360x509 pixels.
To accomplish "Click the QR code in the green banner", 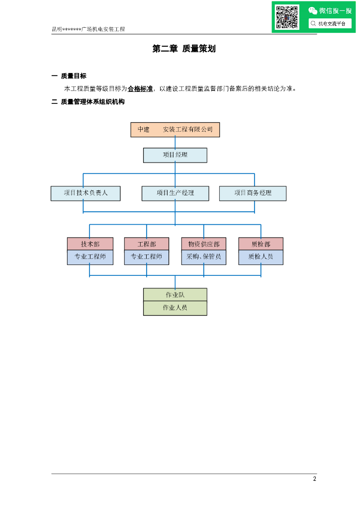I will point(287,17).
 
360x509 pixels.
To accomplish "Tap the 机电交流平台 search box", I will point(330,23).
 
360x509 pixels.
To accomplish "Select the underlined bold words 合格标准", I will point(140,89).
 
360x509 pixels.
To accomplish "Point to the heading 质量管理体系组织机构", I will point(92,102).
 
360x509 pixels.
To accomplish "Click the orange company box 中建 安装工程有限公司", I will point(175,129).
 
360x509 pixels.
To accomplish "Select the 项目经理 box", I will point(175,155).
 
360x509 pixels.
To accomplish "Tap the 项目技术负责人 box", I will point(86,193).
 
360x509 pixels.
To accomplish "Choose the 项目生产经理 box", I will point(175,193).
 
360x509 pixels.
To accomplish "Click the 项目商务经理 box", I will point(253,193).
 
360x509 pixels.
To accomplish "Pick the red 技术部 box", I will point(90,244).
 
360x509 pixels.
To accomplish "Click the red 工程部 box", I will point(147,244).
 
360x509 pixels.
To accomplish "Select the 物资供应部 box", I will point(204,244).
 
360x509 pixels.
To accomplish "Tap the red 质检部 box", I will point(261,244).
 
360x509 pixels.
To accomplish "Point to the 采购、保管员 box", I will point(204,257).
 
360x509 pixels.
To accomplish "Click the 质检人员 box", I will point(261,257).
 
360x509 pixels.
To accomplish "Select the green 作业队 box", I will point(175,295).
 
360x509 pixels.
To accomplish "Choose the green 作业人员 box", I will point(175,308).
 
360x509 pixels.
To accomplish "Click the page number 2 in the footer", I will point(314,479).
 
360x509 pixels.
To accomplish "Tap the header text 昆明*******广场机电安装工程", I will point(89,29).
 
